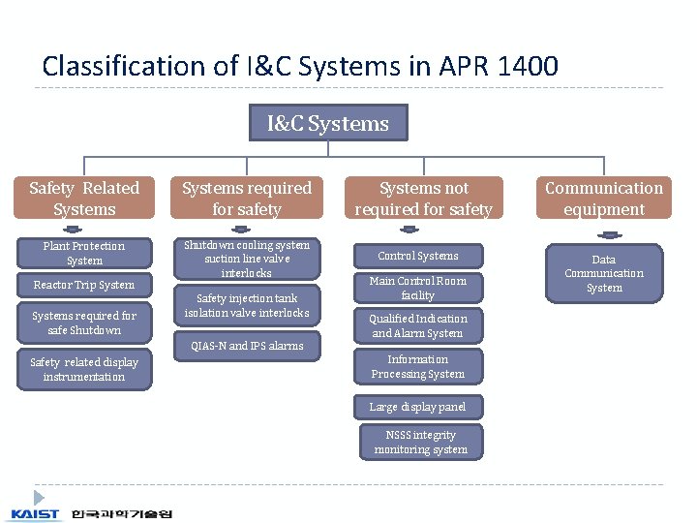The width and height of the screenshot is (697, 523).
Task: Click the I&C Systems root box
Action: (x=328, y=123)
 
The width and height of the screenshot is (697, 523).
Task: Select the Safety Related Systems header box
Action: (x=84, y=199)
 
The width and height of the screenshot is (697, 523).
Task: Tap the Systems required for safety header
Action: (x=247, y=199)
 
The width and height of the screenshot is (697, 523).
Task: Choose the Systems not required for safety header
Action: (x=424, y=199)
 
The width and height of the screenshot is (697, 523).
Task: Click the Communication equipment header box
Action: (x=604, y=199)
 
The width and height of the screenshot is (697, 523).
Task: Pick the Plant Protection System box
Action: (x=84, y=253)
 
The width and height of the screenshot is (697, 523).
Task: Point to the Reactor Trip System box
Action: (x=84, y=285)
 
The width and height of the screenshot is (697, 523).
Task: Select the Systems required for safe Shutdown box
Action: (x=84, y=323)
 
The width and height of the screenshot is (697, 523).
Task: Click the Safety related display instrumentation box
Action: (x=84, y=369)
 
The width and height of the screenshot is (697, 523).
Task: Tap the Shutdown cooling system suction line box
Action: (x=247, y=259)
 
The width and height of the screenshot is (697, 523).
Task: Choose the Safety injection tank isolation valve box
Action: (x=247, y=305)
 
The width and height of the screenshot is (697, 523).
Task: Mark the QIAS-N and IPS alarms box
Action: (x=247, y=346)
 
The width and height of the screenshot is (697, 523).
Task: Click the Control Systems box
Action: (x=418, y=256)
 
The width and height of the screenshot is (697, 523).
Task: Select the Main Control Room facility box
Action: (x=418, y=288)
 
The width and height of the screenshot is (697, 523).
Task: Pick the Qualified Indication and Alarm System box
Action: (x=418, y=325)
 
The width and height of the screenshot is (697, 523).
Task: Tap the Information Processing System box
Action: (x=418, y=366)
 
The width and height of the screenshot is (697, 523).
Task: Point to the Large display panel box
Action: (x=418, y=407)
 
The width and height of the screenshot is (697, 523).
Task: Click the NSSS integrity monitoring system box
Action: (x=420, y=442)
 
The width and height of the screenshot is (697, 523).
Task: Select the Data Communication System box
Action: (x=604, y=273)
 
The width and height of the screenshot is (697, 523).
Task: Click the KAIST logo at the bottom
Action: (x=36, y=513)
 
